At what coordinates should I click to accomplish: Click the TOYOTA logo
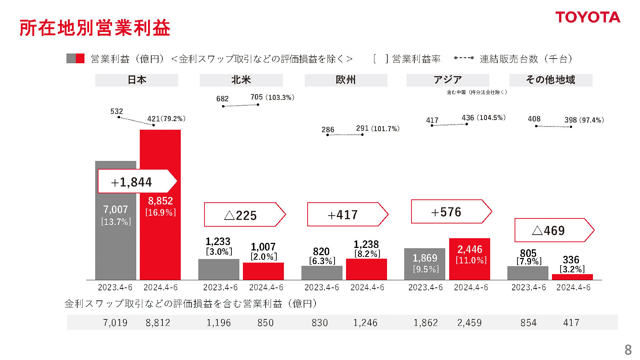[588, 17]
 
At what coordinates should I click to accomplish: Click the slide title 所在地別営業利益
[95, 28]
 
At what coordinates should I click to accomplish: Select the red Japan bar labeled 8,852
[160, 237]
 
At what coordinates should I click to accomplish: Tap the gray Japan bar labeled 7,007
[115, 244]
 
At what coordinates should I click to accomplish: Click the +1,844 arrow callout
[137, 181]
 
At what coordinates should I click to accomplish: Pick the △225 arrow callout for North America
[244, 215]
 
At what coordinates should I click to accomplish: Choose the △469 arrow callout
[554, 230]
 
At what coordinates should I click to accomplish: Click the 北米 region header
[241, 80]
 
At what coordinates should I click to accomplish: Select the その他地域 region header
[551, 80]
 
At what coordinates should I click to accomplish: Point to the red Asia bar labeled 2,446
[469, 259]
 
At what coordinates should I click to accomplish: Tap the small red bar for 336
[572, 277]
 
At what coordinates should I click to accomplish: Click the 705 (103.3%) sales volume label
[272, 97]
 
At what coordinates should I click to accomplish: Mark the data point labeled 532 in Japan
[119, 117]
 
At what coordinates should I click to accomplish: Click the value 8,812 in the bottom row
[158, 323]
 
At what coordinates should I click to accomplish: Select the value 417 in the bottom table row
[571, 323]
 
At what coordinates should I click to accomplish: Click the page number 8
[628, 350]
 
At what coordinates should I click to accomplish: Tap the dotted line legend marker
[464, 58]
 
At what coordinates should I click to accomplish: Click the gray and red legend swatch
[75, 59]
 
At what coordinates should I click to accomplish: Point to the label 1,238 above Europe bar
[366, 244]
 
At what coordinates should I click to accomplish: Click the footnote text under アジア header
[476, 92]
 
